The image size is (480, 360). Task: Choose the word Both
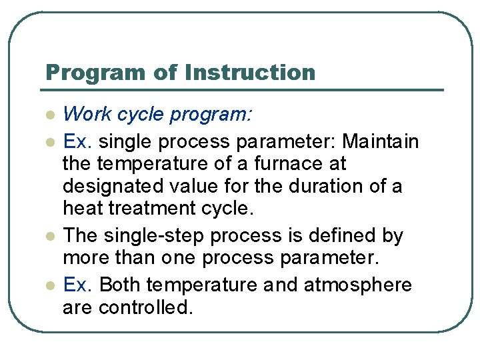tap(120, 285)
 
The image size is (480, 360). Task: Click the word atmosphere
tap(358, 285)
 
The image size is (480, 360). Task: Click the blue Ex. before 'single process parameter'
tap(78, 142)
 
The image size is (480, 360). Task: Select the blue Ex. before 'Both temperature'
tap(78, 285)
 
